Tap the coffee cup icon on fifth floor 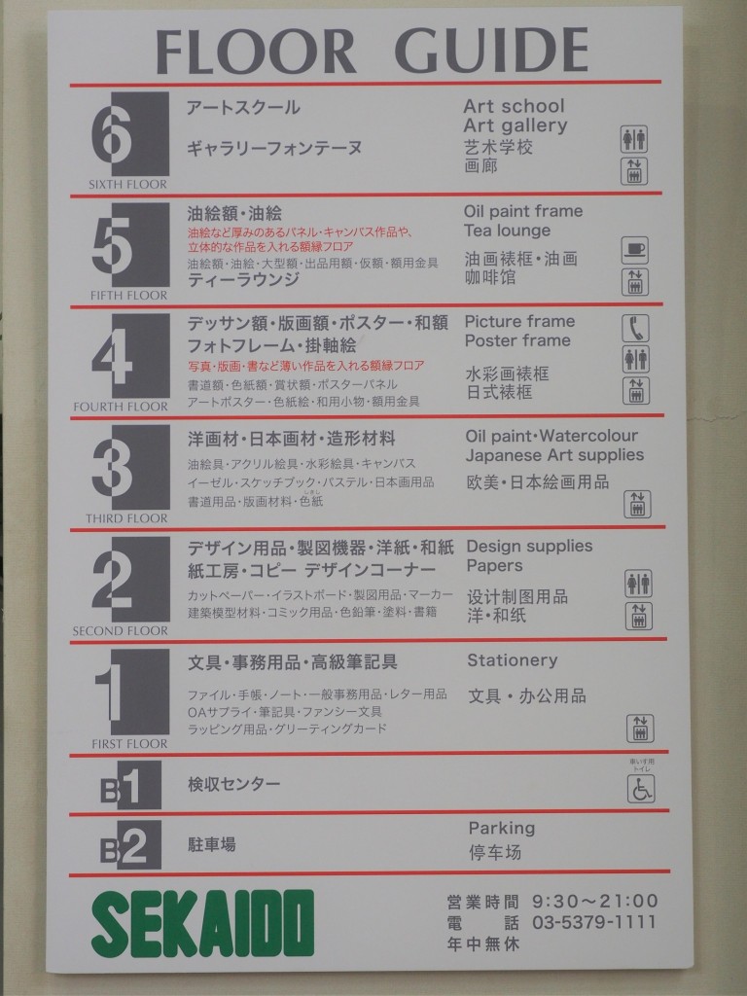click(x=635, y=250)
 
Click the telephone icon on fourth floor click(x=635, y=328)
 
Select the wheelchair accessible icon click(x=639, y=789)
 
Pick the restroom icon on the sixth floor click(x=634, y=139)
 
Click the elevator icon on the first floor click(x=639, y=728)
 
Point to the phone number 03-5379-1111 click(x=593, y=922)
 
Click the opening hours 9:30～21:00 click(x=593, y=901)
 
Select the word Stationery click(x=512, y=660)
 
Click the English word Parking click(x=501, y=828)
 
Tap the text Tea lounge click(x=507, y=231)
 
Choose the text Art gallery click(x=515, y=125)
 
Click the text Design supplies click(x=529, y=546)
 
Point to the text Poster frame click(x=517, y=340)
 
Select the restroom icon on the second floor click(x=638, y=583)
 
